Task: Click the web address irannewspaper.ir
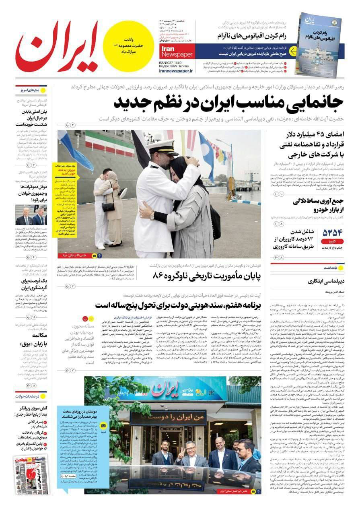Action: point(176,70)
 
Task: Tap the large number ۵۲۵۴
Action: point(332,233)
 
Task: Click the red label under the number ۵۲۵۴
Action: point(332,242)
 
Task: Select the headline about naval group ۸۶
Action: point(207,276)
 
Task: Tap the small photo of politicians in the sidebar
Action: point(31,215)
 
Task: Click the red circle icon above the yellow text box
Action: point(85,318)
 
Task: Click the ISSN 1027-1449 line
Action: point(176,63)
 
